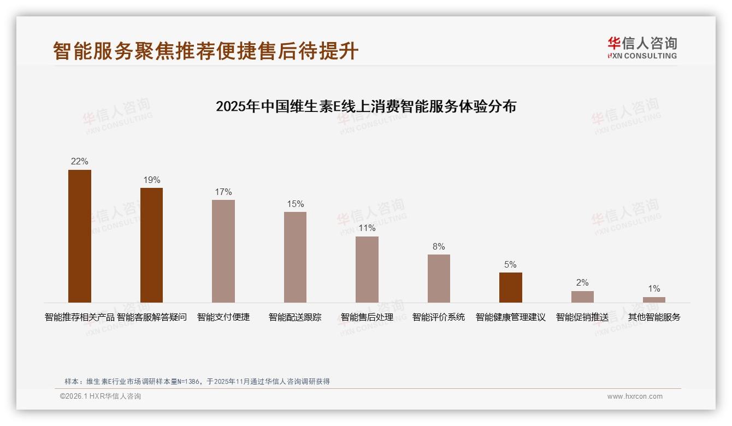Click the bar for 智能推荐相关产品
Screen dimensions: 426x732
click(80, 236)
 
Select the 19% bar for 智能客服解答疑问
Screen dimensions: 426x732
click(151, 245)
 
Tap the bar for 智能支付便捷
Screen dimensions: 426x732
click(223, 251)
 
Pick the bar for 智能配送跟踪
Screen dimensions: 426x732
click(295, 257)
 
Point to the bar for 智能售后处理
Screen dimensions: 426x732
click(367, 269)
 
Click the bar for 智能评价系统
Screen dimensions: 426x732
click(439, 279)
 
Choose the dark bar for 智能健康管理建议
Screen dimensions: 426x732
click(510, 287)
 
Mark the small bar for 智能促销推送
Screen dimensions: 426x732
click(582, 297)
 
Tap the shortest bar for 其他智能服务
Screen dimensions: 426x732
click(654, 300)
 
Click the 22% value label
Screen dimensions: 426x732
click(80, 162)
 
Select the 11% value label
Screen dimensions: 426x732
click(367, 228)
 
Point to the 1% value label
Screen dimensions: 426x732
click(654, 289)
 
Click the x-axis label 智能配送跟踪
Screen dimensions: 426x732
click(295, 317)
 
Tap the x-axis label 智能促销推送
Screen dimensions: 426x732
click(582, 317)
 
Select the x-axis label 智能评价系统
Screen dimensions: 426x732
click(439, 317)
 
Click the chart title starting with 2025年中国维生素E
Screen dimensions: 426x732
click(366, 106)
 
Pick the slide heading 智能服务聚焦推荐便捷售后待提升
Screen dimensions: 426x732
click(206, 51)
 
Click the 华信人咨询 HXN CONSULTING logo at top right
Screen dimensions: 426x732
click(642, 48)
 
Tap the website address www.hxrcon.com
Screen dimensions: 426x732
click(635, 397)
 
